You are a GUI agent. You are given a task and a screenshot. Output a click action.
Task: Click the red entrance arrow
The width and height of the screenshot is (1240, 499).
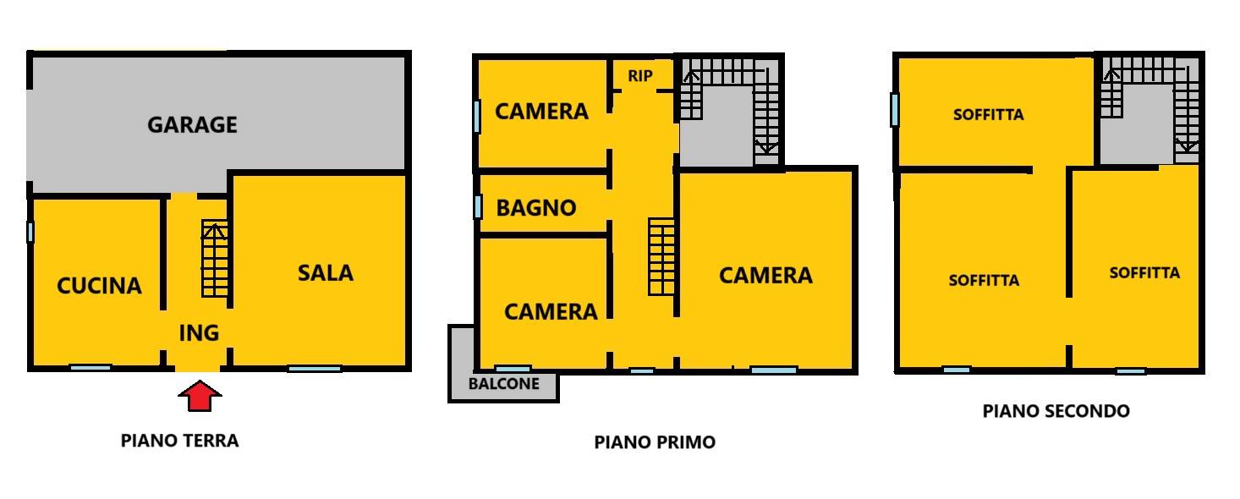[200, 396]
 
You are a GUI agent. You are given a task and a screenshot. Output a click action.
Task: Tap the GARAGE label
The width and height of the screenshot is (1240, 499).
[192, 125]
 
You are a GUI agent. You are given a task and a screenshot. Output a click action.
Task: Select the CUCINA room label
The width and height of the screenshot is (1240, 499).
[99, 286]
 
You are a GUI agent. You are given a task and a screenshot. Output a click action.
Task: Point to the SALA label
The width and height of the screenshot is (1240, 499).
[326, 273]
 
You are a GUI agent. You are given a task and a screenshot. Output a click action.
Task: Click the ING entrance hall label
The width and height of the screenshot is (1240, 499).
[200, 333]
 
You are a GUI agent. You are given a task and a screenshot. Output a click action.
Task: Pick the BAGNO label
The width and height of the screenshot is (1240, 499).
[536, 208]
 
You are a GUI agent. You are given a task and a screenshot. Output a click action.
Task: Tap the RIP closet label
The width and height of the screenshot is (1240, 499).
[640, 76]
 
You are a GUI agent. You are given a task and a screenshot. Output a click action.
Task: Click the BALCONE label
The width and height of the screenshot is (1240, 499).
[504, 384]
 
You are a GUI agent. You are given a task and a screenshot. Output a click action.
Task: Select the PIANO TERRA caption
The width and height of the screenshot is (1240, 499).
[180, 441]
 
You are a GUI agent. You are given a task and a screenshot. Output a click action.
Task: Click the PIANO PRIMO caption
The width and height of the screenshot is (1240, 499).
[655, 442]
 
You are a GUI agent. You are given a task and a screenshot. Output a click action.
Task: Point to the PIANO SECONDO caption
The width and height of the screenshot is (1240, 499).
[1056, 411]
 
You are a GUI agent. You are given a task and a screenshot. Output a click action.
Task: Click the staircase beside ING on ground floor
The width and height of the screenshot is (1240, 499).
[215, 258]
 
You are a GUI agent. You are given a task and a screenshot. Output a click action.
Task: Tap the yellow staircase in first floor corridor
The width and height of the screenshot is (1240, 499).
[661, 257]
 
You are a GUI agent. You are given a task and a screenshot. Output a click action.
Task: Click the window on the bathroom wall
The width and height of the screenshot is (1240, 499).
[478, 207]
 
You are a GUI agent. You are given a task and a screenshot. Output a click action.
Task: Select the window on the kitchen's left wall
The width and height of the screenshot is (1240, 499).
[30, 232]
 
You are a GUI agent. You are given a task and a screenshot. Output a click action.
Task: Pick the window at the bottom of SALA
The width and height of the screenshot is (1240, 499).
[315, 369]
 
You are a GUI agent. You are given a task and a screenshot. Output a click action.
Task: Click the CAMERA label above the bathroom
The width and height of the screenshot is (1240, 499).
[541, 112]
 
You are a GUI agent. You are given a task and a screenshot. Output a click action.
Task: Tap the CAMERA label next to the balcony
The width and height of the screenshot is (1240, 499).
[551, 312]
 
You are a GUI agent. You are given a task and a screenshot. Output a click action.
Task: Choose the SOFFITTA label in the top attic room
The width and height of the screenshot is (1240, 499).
[989, 115]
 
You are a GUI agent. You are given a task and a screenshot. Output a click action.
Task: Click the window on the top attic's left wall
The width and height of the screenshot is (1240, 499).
[894, 110]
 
